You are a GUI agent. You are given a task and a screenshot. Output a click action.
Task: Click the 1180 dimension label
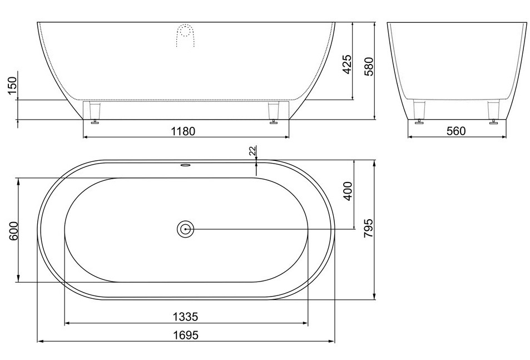click(x=183, y=131)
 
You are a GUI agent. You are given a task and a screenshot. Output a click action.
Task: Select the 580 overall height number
click(x=369, y=67)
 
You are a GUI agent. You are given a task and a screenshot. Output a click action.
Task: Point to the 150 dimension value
click(x=12, y=87)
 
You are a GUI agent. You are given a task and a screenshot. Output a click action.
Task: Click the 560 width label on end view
click(x=456, y=131)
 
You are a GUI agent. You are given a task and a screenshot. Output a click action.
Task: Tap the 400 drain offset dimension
click(x=348, y=191)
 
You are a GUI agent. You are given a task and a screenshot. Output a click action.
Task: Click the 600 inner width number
click(x=12, y=231)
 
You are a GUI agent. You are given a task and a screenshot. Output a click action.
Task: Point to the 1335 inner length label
click(x=185, y=317)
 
